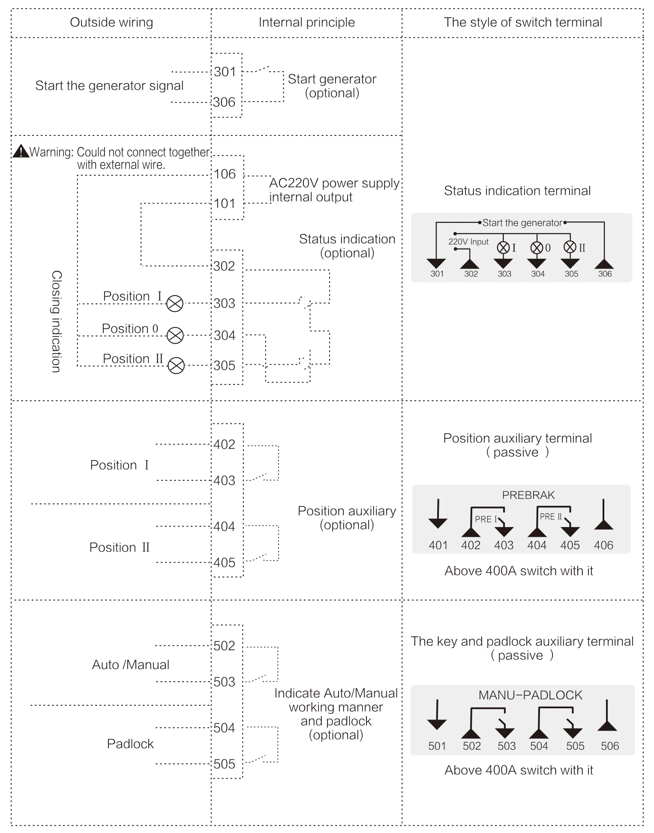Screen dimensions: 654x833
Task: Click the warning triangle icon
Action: tap(21, 151)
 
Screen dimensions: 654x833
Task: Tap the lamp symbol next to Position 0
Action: tap(175, 335)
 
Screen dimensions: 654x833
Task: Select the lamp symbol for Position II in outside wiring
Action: tap(176, 366)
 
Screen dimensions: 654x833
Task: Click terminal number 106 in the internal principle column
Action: tap(225, 174)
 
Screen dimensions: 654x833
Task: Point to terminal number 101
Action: tap(225, 204)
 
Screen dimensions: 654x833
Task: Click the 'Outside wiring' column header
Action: tap(111, 22)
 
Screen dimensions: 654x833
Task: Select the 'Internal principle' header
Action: tap(307, 22)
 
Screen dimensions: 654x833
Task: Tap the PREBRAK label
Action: tap(528, 495)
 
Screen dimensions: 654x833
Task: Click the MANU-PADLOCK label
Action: tap(531, 695)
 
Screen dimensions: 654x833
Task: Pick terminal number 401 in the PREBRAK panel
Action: tap(438, 545)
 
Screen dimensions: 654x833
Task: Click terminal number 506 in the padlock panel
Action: tap(610, 746)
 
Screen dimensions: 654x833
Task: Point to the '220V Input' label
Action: tap(468, 242)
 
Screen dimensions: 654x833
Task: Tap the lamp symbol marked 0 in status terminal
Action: tap(537, 248)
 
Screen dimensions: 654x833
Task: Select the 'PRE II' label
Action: tap(551, 517)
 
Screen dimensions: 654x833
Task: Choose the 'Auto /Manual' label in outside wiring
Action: tap(131, 665)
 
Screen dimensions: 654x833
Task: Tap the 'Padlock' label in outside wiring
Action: tap(130, 744)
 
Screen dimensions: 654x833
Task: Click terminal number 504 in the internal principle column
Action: tap(225, 728)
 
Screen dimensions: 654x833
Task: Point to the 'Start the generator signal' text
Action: tap(109, 86)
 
